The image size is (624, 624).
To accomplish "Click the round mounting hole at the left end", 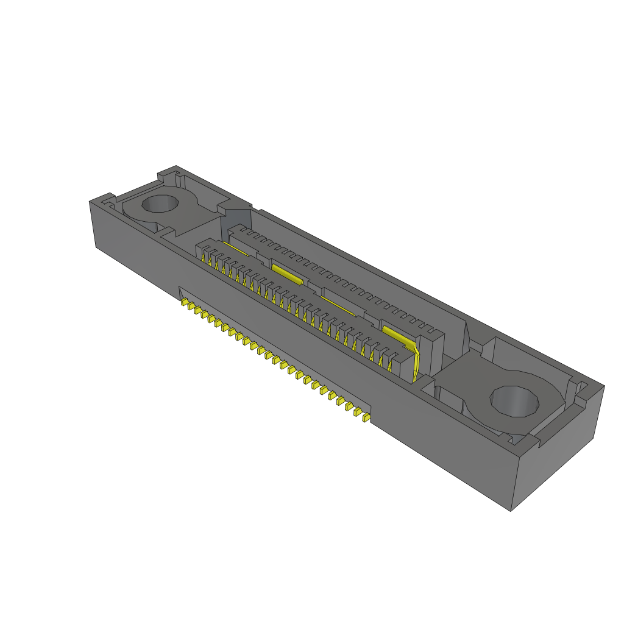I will pyautogui.click(x=160, y=204).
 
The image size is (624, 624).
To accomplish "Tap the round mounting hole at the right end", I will pyautogui.click(x=515, y=402).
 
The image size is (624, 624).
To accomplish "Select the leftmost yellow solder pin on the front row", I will pyautogui.click(x=185, y=302).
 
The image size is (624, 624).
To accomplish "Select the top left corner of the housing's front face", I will pyautogui.click(x=90, y=200).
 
